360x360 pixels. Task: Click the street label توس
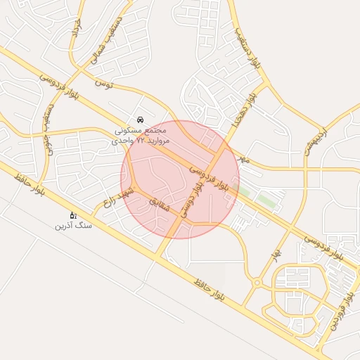tap(103, 84)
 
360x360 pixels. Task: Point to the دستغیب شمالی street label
tap(105, 41)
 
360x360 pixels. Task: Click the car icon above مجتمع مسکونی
tap(141, 120)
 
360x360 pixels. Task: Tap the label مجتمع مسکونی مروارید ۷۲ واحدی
tap(141, 136)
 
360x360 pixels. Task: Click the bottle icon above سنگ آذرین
tap(72, 215)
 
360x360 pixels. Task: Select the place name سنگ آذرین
tap(74, 226)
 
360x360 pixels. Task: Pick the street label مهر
tap(243, 160)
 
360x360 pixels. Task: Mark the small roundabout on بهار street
tap(257, 283)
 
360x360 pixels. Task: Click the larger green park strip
tap(266, 200)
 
